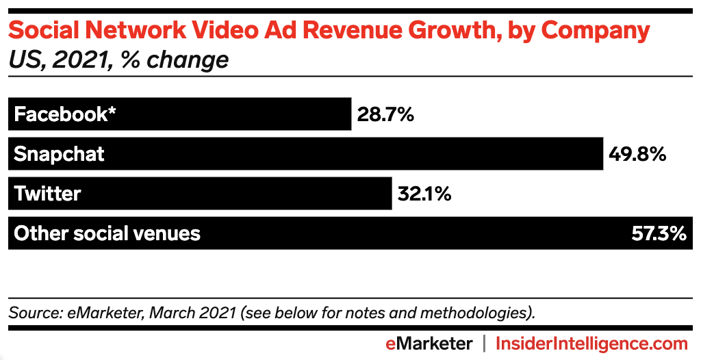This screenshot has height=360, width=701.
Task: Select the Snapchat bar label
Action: tap(60, 154)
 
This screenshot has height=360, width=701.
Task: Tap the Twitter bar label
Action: tap(47, 194)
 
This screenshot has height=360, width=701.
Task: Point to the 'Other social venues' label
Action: tap(107, 233)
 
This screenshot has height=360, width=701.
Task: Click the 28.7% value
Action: tap(385, 114)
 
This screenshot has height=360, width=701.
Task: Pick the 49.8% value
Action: tap(637, 154)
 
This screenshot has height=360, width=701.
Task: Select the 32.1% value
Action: tap(424, 194)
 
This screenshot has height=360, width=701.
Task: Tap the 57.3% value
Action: tap(658, 233)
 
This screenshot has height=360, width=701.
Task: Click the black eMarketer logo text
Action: tap(429, 343)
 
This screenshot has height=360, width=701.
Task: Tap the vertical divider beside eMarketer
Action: tap(484, 343)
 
